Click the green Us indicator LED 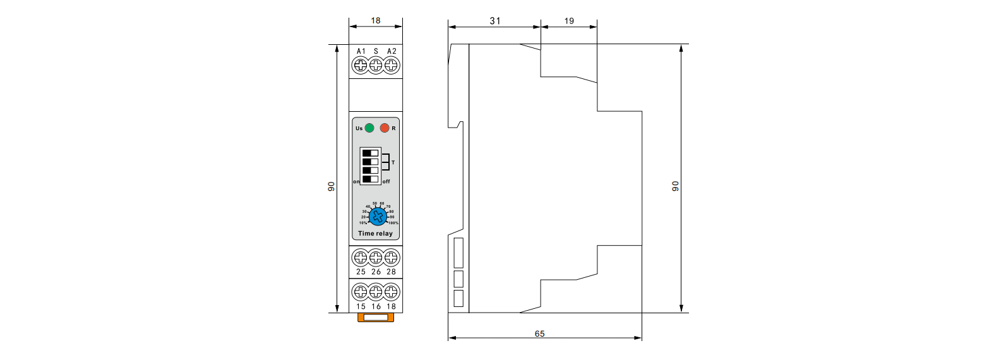[x=369, y=128]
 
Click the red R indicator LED [x=385, y=128]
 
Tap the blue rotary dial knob [x=378, y=216]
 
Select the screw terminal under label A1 [x=361, y=65]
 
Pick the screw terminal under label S [x=376, y=65]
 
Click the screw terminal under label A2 [x=391, y=65]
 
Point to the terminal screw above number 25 [x=361, y=258]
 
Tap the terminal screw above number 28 [x=391, y=258]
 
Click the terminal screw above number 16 [x=376, y=292]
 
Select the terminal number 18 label [x=391, y=306]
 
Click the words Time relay [x=375, y=233]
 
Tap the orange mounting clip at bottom [x=376, y=317]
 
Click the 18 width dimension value [x=376, y=21]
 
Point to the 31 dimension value [x=495, y=21]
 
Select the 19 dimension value [x=569, y=21]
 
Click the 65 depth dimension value [x=540, y=333]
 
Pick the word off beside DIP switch [x=386, y=181]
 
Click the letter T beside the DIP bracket [x=393, y=162]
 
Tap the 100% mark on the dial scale [x=393, y=223]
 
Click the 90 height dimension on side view [x=675, y=186]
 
